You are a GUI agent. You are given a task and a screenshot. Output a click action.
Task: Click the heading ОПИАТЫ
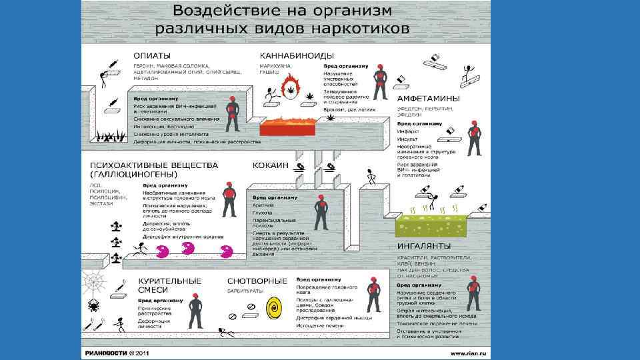click(x=153, y=54)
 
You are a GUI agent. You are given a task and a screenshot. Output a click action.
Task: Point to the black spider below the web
click(x=92, y=305)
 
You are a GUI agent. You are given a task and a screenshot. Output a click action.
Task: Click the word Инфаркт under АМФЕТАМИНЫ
click(x=409, y=132)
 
